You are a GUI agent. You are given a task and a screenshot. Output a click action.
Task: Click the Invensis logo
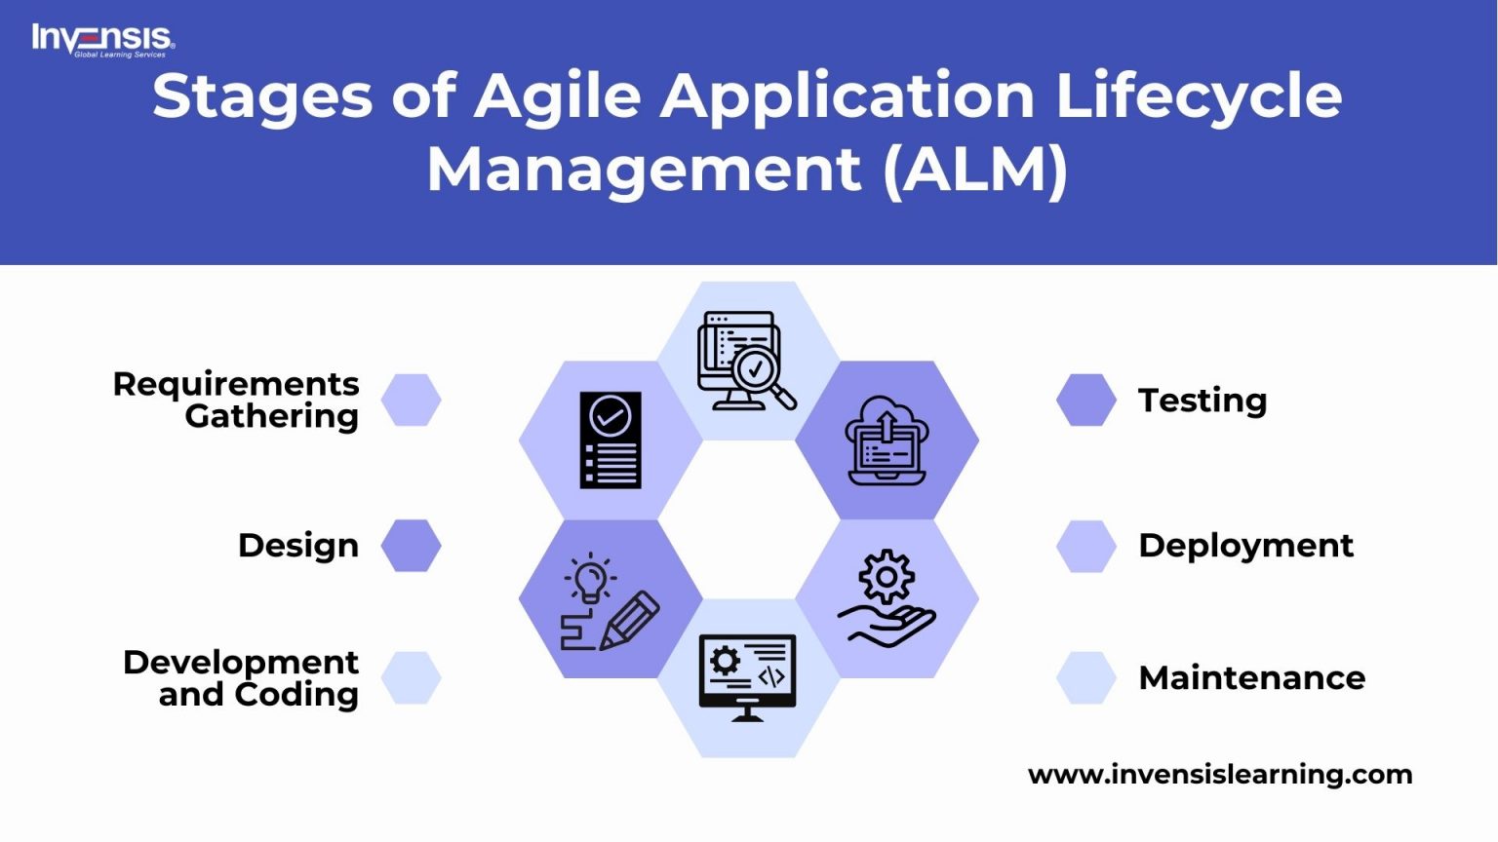[x=102, y=40]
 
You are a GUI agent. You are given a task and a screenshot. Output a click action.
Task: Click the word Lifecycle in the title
[x=1199, y=97]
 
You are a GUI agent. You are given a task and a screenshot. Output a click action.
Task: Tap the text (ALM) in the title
[x=975, y=170]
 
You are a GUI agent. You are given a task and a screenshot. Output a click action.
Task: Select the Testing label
[x=1202, y=401]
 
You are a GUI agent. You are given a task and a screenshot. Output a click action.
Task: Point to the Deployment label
[x=1245, y=546]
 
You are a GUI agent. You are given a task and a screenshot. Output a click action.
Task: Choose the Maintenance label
[x=1251, y=678]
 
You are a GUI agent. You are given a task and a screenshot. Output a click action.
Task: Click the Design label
[x=298, y=546]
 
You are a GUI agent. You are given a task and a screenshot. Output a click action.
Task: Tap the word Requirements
[x=236, y=384]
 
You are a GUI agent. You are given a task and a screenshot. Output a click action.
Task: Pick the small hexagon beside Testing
[x=1086, y=401]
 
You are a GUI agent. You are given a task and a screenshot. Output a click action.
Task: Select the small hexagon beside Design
[x=411, y=546]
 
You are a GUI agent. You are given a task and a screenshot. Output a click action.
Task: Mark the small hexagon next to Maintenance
[x=1086, y=678]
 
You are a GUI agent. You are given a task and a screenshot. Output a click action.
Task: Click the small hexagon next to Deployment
[x=1086, y=546]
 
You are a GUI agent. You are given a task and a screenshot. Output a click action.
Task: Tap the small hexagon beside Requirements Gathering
[x=411, y=401]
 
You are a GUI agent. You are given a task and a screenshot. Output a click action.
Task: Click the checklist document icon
[x=611, y=440]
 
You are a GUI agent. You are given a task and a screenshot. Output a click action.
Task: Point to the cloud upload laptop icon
[x=887, y=440]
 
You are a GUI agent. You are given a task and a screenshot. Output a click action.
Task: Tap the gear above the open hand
[x=886, y=577]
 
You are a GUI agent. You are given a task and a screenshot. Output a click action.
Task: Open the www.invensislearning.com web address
[x=1220, y=775]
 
